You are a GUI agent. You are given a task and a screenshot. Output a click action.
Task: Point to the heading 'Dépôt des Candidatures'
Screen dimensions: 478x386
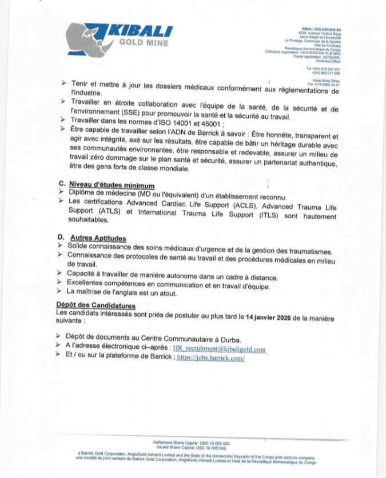click(90, 305)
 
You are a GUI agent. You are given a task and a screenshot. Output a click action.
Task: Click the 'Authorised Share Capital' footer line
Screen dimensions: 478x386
click(192, 443)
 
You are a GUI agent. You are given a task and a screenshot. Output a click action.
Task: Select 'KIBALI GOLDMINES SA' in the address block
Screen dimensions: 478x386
click(320, 28)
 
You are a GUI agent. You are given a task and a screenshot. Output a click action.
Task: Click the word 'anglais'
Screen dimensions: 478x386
click(128, 294)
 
